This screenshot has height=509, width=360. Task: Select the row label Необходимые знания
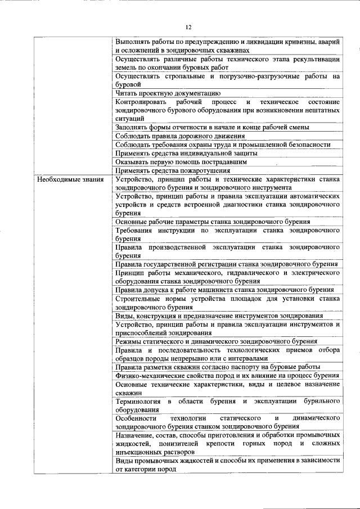tap(70, 180)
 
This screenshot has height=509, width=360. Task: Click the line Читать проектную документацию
tap(167, 93)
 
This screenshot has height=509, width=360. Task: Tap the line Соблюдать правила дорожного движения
tap(180, 136)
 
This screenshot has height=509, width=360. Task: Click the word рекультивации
tap(313, 58)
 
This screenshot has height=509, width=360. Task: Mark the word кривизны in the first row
tap(287, 42)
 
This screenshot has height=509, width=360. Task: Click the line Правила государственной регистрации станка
tap(226, 264)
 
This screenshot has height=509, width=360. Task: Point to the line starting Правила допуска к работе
tap(225, 290)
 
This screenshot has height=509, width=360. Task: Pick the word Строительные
tap(137, 299)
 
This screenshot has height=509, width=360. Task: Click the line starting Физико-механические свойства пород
tap(226, 375)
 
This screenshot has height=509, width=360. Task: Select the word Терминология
tap(138, 402)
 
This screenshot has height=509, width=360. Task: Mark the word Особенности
tap(136, 418)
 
